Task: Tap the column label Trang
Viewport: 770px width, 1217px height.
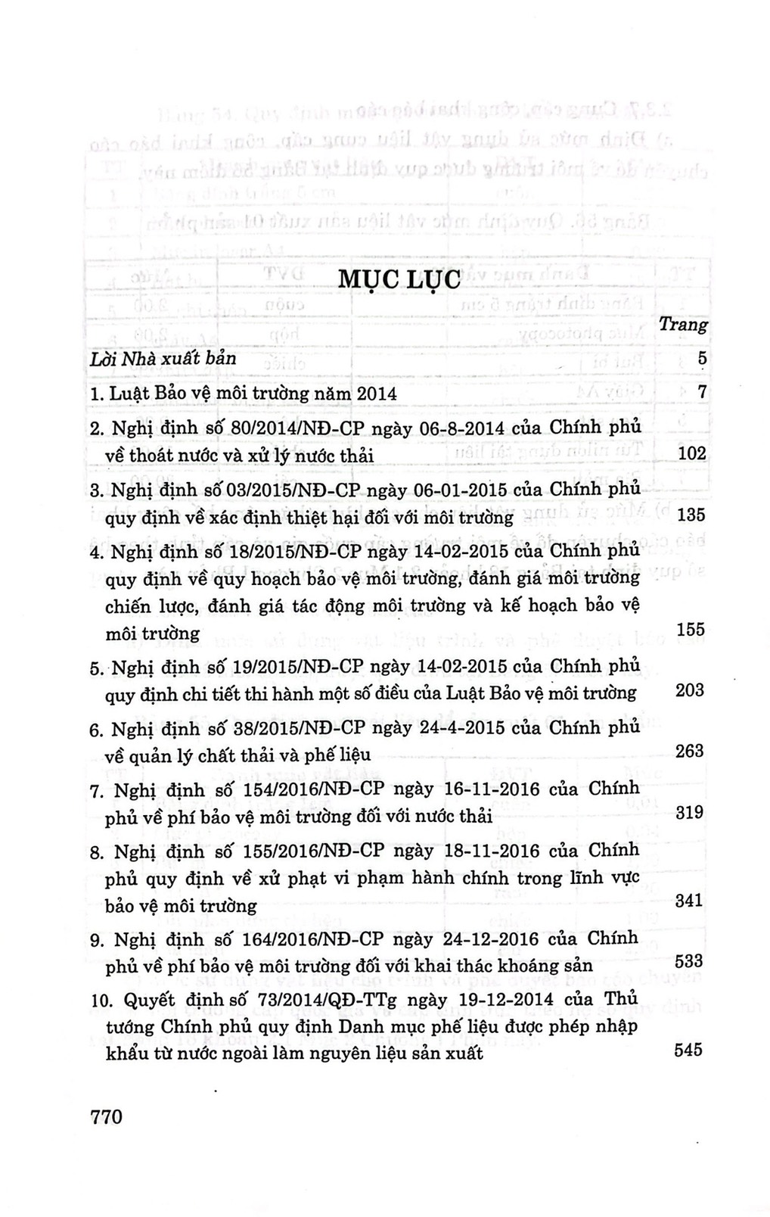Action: coord(683,325)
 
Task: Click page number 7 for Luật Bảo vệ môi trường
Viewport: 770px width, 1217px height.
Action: coord(701,393)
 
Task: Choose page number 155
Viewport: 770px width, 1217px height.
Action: coord(691,629)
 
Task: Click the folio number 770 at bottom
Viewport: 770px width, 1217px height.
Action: coord(106,1116)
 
